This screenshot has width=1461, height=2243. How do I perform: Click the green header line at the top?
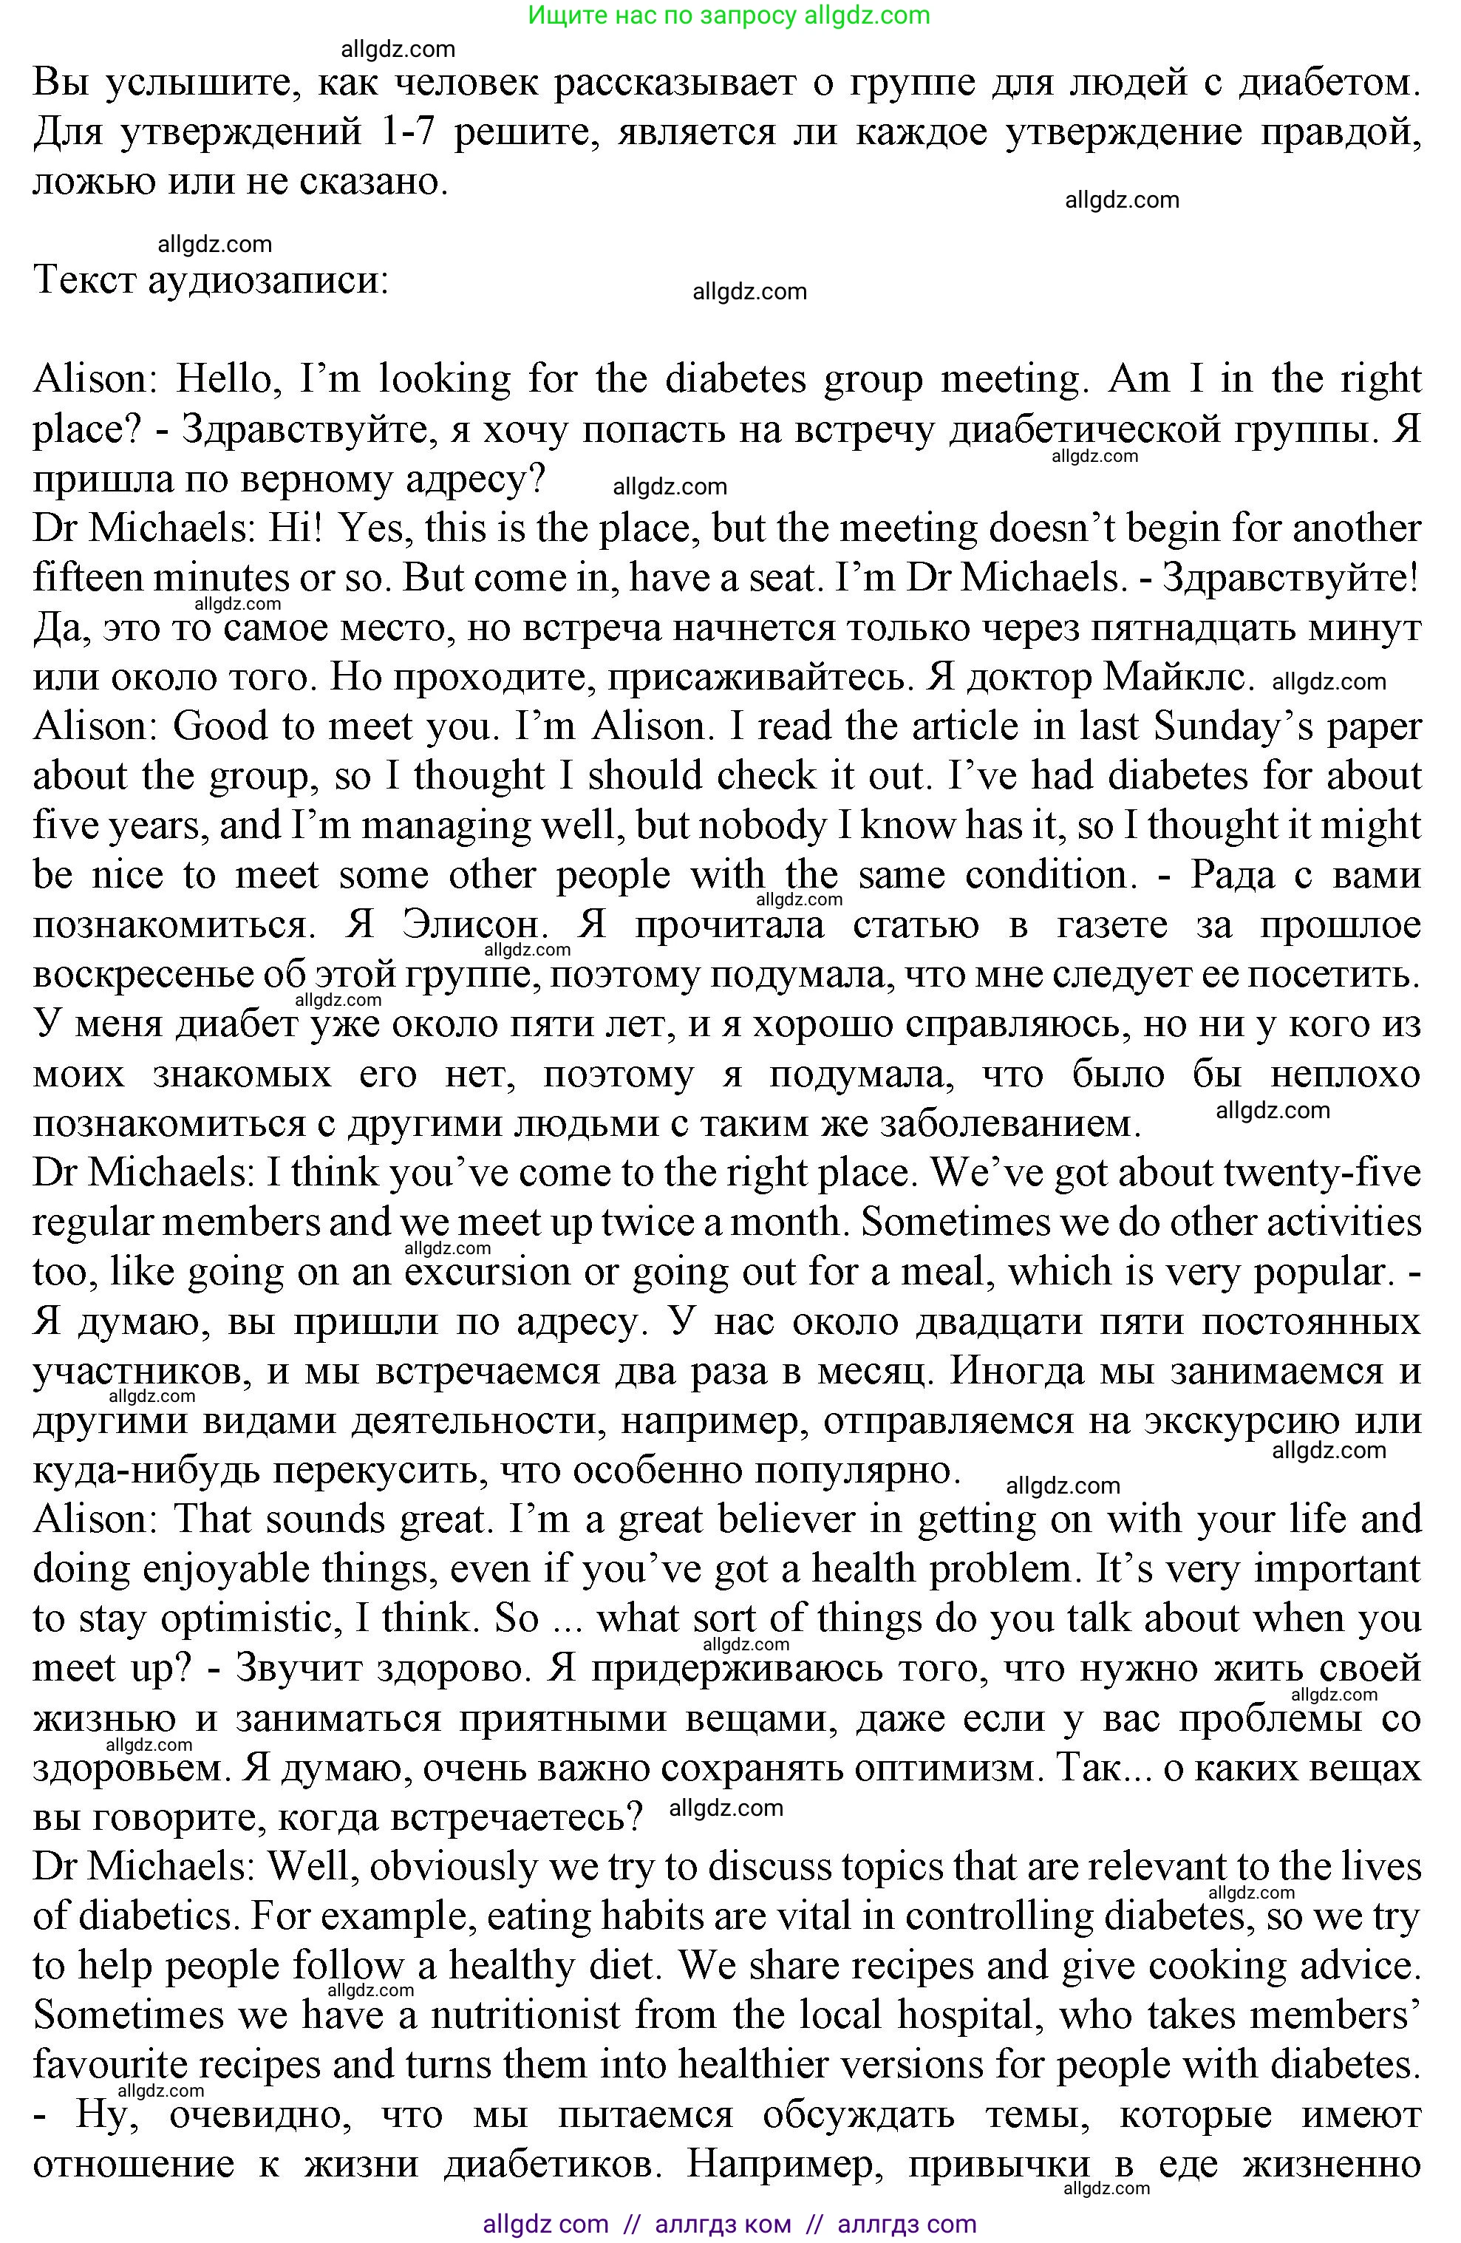coord(729,16)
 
